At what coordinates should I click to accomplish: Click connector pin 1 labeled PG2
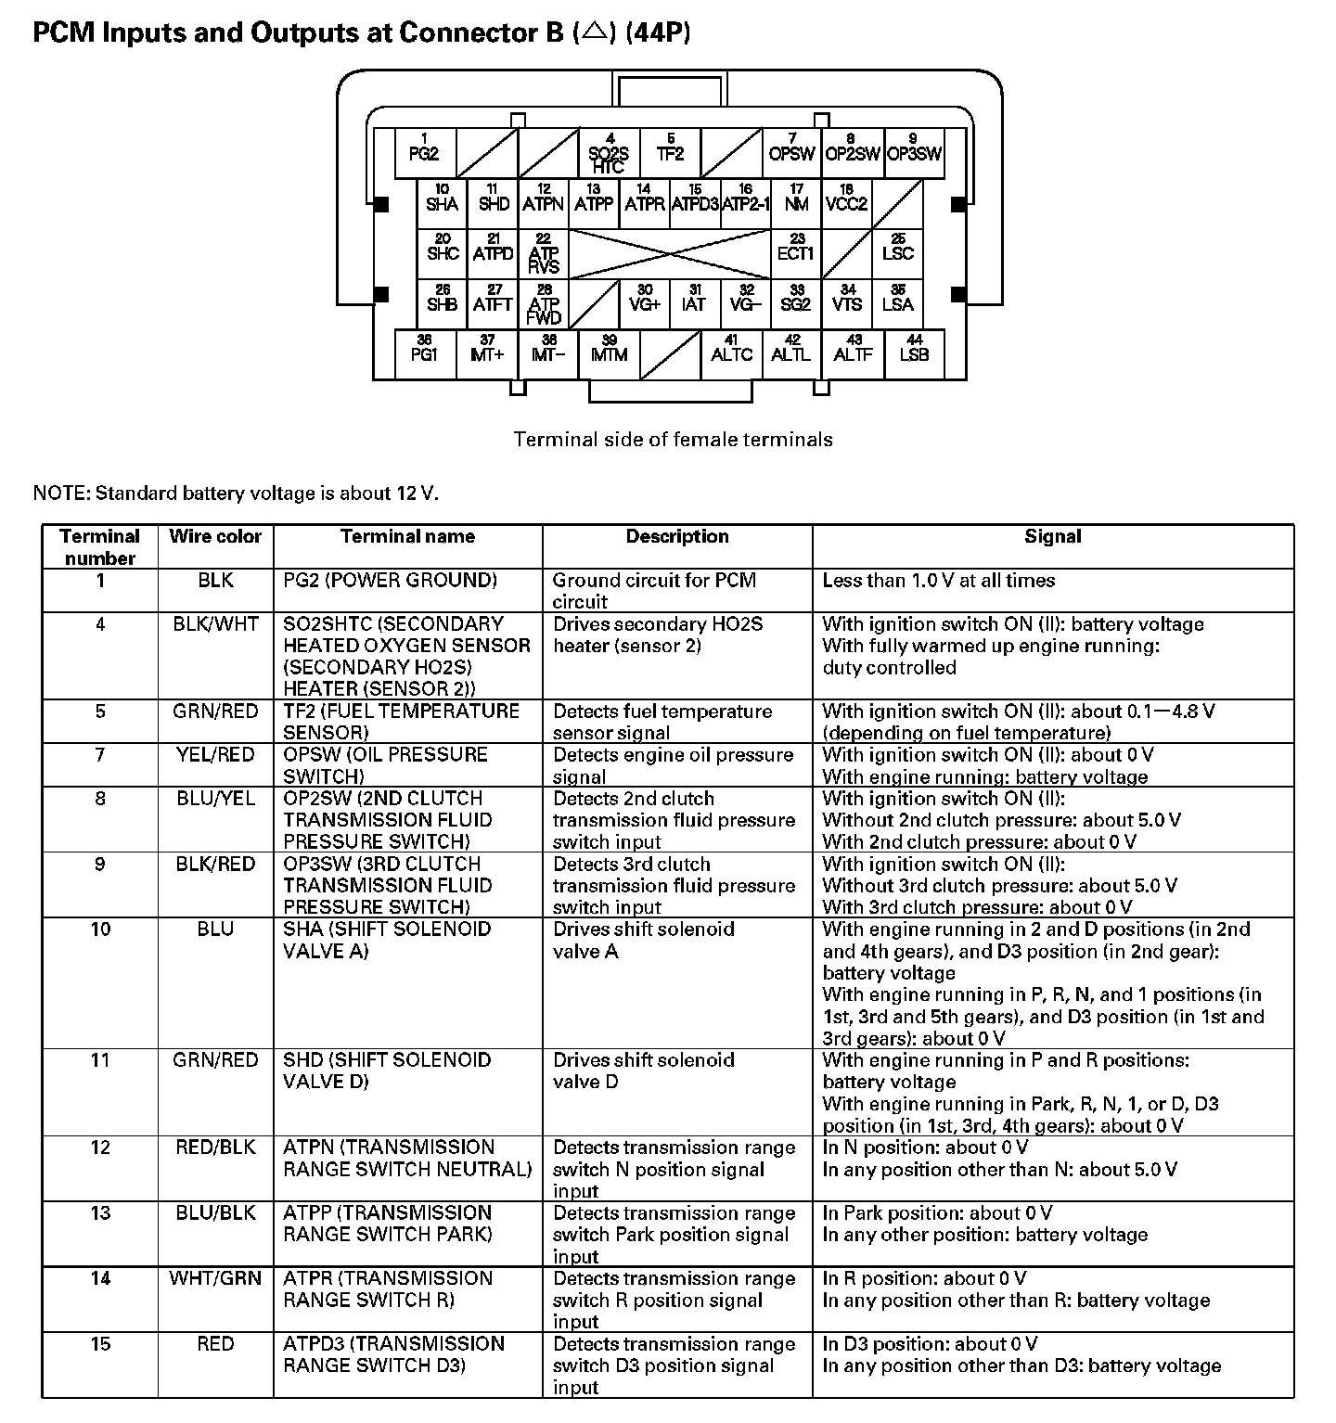(x=424, y=150)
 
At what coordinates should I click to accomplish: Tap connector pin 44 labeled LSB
(x=914, y=352)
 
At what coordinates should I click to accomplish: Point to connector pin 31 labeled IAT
(x=694, y=301)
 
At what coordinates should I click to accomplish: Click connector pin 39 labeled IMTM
(x=610, y=352)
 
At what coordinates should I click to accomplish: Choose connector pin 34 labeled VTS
(x=846, y=301)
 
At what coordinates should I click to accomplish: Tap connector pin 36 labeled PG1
(x=424, y=352)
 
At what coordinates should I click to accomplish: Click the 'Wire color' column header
(x=215, y=536)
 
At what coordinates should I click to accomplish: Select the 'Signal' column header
(x=1052, y=536)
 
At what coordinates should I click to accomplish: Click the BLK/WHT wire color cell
(x=215, y=624)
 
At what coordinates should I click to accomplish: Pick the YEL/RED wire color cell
(x=215, y=755)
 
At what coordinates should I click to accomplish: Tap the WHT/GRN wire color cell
(x=215, y=1278)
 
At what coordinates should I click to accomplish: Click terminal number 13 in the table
(x=100, y=1213)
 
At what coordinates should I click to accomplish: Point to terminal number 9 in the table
(x=100, y=865)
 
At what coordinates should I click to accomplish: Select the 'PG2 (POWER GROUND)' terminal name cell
(x=390, y=581)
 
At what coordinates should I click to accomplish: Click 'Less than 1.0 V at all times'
(x=938, y=581)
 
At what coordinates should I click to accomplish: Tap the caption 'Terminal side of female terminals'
(x=673, y=440)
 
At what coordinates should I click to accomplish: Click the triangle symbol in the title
(x=595, y=33)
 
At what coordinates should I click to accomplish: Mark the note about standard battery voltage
(x=236, y=494)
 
